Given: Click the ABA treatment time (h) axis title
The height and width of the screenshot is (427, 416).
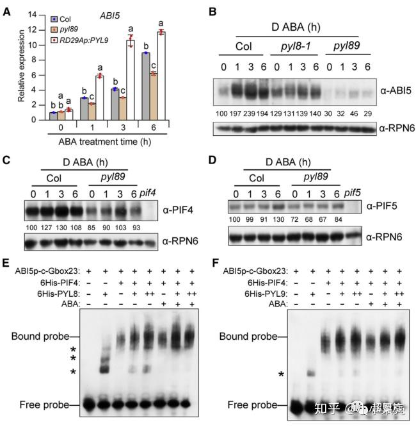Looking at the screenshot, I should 98,140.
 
